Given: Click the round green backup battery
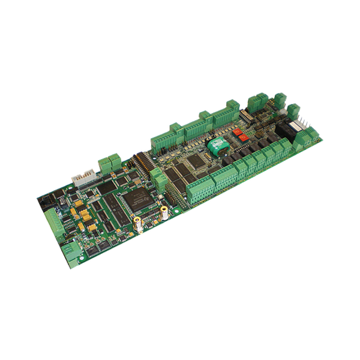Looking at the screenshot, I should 215,146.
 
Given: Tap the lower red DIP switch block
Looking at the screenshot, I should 243,137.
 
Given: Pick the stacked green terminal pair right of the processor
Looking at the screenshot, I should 157,178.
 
